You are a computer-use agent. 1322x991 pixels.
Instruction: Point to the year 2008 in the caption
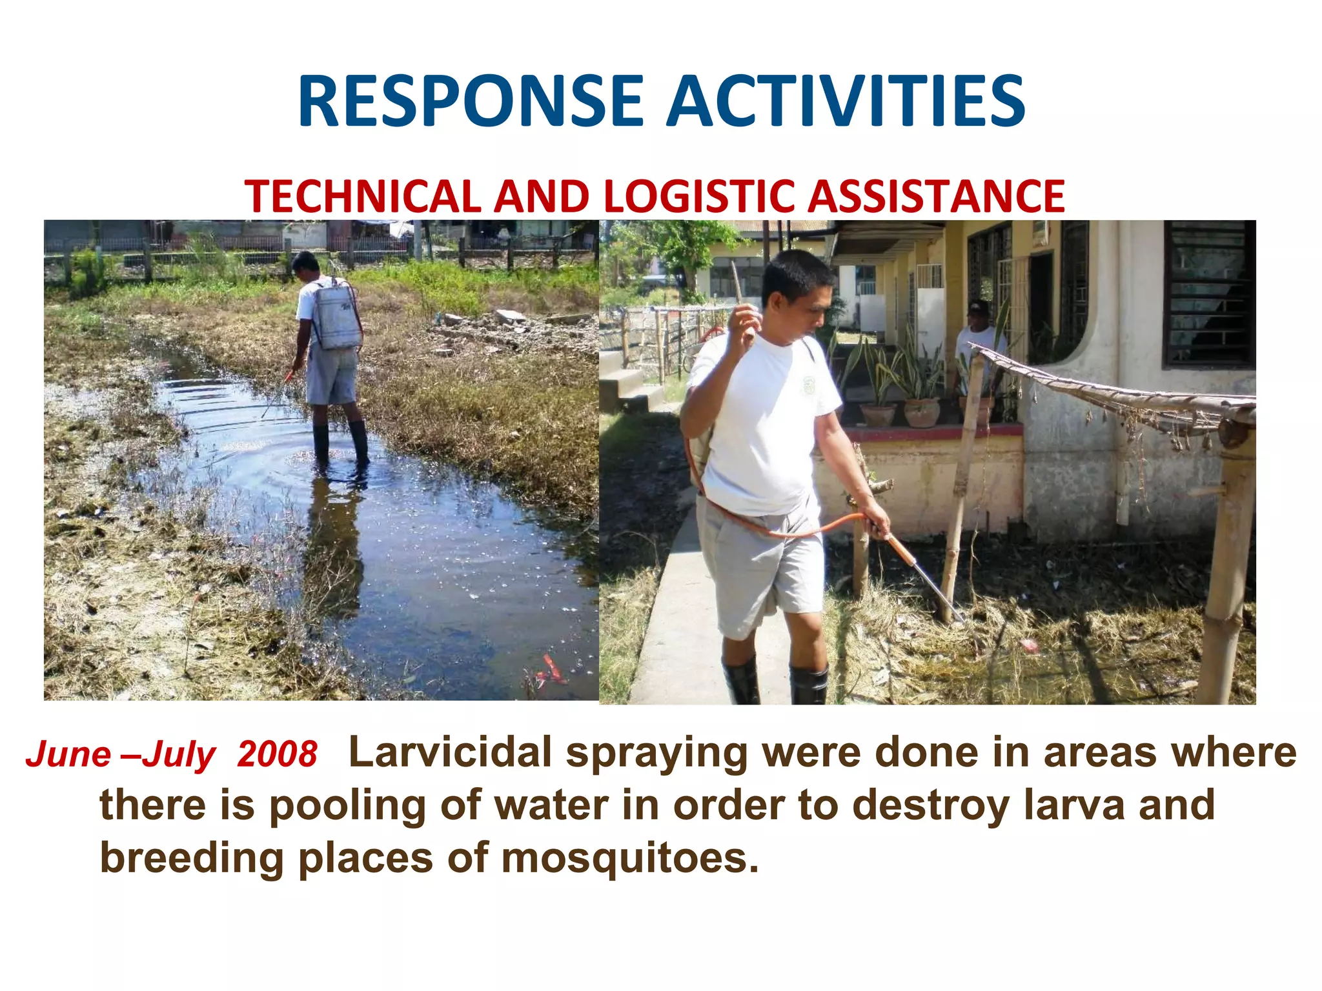click(x=277, y=754)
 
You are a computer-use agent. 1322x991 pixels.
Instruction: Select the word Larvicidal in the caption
click(x=450, y=752)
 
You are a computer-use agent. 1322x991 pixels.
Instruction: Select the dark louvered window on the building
click(x=1208, y=294)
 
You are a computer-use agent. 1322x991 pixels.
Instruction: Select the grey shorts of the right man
click(x=762, y=561)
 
